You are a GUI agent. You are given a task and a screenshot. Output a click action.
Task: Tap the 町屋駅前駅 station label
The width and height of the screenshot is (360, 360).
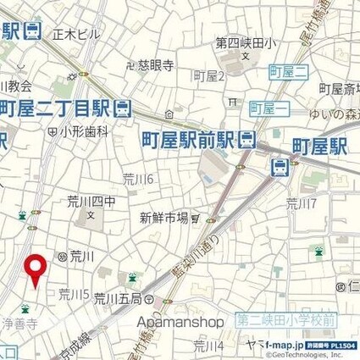click(x=186, y=138)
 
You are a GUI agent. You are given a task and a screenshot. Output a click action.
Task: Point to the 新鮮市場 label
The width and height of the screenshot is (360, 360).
click(x=163, y=218)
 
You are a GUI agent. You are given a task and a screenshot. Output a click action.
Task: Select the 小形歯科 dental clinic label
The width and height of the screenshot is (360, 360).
click(x=84, y=131)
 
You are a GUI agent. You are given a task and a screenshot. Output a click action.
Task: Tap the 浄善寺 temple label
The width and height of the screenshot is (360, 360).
click(x=18, y=323)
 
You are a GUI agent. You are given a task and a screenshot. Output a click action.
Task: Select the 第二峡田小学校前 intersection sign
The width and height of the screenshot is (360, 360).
click(x=287, y=319)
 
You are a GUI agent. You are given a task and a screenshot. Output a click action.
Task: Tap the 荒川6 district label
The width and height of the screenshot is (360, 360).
click(x=137, y=178)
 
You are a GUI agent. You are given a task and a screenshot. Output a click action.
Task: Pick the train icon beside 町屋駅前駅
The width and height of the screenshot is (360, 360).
click(x=247, y=138)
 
